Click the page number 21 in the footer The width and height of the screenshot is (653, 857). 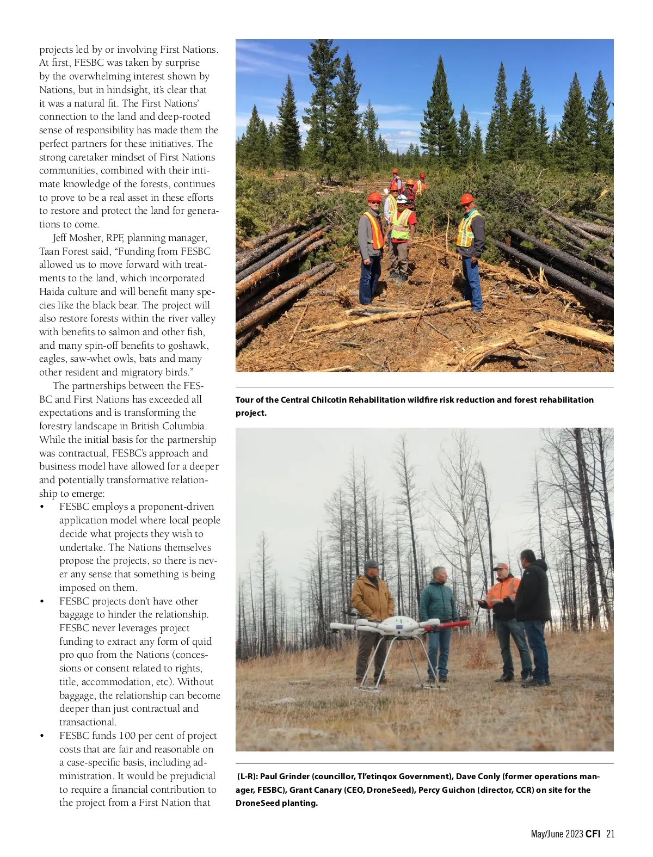coord(610,834)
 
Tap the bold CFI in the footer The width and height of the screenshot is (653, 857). coord(593,834)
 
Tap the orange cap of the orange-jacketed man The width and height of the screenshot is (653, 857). coord(501,566)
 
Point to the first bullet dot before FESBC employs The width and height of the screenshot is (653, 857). coord(42,507)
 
